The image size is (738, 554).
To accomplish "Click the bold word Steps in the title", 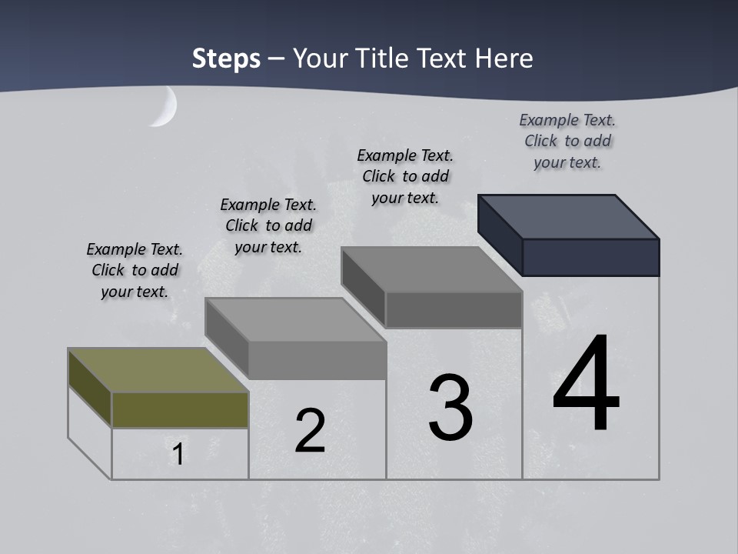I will (226, 58).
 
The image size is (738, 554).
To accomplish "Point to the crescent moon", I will (165, 107).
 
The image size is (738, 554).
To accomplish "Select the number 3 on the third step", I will (450, 408).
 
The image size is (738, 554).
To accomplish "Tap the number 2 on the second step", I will (310, 431).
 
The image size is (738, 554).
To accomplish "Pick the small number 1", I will (178, 455).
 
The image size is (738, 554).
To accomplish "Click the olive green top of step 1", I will (158, 370).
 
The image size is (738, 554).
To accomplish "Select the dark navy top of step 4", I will (567, 216).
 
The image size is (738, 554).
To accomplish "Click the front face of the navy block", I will (590, 257).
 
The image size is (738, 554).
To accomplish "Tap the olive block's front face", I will (180, 409).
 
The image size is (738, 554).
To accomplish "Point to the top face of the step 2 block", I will (294, 319).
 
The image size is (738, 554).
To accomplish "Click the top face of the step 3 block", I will (431, 269).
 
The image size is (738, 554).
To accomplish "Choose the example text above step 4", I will (567, 141).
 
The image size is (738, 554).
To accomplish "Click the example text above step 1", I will (135, 270).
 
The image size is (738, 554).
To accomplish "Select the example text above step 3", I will (405, 176).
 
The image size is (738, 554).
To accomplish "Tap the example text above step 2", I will (268, 225).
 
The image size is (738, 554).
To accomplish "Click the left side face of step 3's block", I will (363, 285).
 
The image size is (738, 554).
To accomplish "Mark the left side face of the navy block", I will (500, 234).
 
